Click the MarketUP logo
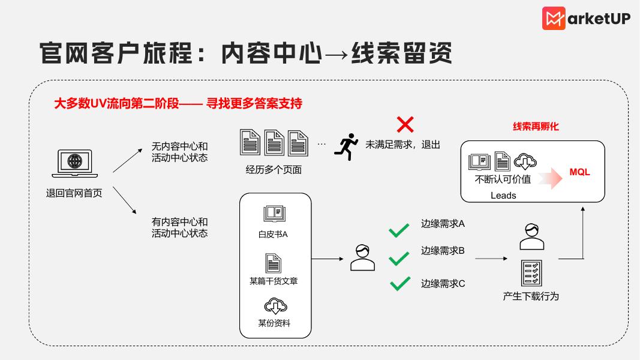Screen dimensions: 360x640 pyautogui.click(x=586, y=18)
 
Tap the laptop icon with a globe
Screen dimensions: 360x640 pyautogui.click(x=74, y=163)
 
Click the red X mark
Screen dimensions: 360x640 pyautogui.click(x=405, y=124)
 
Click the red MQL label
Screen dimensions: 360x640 pyautogui.click(x=579, y=172)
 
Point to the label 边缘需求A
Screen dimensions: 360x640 pyautogui.click(x=443, y=224)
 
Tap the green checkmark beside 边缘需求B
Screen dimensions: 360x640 pyautogui.click(x=399, y=259)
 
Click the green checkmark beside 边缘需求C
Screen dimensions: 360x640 pyautogui.click(x=399, y=283)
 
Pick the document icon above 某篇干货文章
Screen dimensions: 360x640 pyautogui.click(x=274, y=262)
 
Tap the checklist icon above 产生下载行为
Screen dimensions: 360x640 pyautogui.click(x=531, y=273)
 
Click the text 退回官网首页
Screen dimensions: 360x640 pyautogui.click(x=74, y=193)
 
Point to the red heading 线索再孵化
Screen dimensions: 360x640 pyautogui.click(x=536, y=127)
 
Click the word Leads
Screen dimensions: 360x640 pyautogui.click(x=503, y=195)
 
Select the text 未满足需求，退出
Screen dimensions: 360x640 pyautogui.click(x=403, y=145)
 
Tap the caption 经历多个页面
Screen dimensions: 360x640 pyautogui.click(x=274, y=169)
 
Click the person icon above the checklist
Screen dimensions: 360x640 pyautogui.click(x=531, y=236)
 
